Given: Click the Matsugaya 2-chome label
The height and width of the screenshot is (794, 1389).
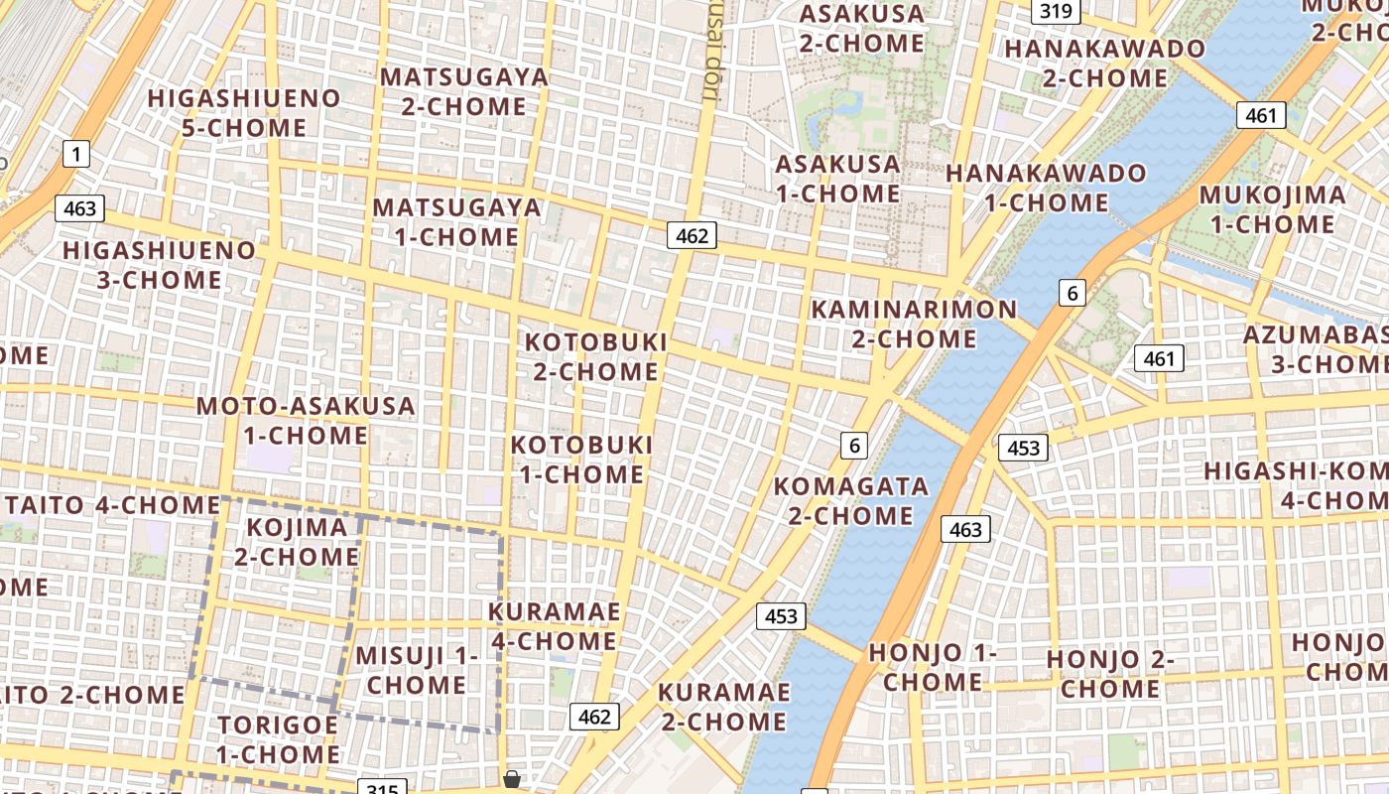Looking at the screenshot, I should coord(463,91).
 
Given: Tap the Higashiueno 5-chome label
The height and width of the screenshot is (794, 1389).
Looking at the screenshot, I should coord(244,113).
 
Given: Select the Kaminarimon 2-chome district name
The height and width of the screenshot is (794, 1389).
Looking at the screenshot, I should coord(914,324).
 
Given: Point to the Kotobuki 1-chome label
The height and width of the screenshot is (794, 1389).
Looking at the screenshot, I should coord(582,460).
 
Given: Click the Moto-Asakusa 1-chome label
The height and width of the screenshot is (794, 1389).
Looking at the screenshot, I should coord(306,421).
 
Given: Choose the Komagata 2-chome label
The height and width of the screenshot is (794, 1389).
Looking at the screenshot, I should coord(850,501).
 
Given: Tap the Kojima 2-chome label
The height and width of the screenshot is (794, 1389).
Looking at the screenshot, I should coord(297,542).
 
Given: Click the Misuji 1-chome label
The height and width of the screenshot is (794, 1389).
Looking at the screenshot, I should coord(417,670).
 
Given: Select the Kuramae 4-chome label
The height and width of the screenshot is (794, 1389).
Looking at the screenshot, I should coord(554,626).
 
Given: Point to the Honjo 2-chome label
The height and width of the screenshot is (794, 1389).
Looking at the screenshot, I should coord(1110,674).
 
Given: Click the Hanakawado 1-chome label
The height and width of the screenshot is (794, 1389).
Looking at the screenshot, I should coord(1046,188).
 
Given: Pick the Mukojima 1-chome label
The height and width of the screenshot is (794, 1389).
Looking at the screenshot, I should coord(1273,209).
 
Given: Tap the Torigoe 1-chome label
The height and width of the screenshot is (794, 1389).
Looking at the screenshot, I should coord(278,739).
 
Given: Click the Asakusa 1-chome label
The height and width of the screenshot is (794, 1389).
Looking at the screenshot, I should coord(837,179).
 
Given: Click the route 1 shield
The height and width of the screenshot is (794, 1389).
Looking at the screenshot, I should coord(76,154).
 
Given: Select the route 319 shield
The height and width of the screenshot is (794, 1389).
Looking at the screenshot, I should coord(1056,11).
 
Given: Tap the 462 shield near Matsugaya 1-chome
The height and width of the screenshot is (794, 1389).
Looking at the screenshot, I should coord(692,235).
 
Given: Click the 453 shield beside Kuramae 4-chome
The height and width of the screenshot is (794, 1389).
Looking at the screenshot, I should coord(781,616).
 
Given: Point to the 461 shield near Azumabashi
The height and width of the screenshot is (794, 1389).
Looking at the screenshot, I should coord(1159,358).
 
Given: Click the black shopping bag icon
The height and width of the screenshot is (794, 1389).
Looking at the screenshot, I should coord(512,779).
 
